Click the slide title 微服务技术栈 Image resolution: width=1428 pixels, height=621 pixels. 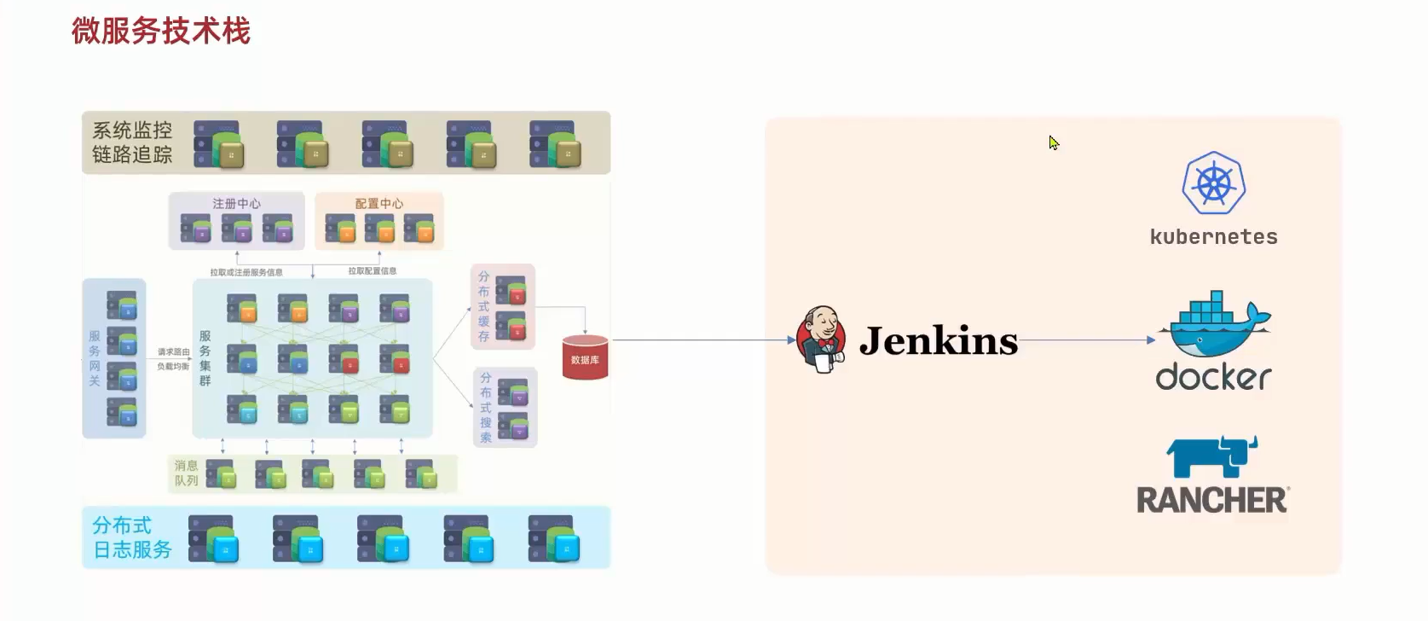pos(161,32)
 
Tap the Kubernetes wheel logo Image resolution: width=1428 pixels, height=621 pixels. pos(1214,184)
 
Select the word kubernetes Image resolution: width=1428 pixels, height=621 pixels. pos(1213,237)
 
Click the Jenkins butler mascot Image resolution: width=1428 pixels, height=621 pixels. pos(820,340)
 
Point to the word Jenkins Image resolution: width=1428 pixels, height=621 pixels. pos(938,341)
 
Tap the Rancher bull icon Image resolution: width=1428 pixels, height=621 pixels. pos(1211,456)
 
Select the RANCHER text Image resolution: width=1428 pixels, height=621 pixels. pos(1211,501)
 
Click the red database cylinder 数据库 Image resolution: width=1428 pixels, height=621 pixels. pos(585,358)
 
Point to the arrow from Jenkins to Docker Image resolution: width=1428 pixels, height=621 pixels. pos(1087,340)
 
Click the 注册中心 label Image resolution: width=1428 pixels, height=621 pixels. pos(236,204)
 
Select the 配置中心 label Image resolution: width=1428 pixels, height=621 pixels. pos(379,204)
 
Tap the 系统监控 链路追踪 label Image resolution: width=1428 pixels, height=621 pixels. pos(132,142)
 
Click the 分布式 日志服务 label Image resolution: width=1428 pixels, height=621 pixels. pos(132,537)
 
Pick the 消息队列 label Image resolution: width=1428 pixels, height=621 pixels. pos(186,473)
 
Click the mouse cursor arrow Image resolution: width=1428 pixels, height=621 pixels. pos(1054,142)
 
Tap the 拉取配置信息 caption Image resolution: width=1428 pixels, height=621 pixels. pos(372,271)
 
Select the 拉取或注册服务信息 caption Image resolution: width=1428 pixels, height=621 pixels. pos(246,273)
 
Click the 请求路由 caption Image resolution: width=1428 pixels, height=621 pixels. pos(173,351)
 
